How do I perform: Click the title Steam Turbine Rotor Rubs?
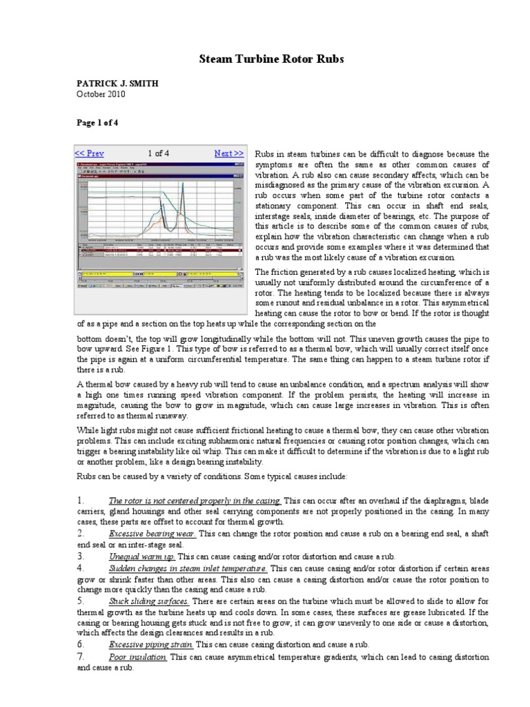coord(266,60)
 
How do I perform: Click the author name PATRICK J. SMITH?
coord(117,84)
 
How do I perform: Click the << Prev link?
coord(89,153)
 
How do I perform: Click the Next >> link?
coord(228,153)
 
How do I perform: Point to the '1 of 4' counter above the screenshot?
coord(158,153)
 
